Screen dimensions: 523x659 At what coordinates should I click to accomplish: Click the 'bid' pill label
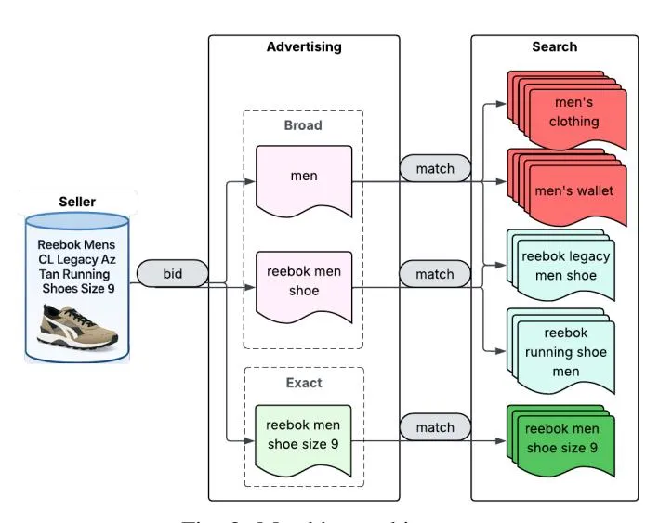point(172,274)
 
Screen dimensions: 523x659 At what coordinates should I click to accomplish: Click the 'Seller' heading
point(77,202)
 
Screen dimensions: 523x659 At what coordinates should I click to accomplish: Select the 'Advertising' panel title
point(304,46)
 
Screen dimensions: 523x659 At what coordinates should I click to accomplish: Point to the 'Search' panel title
point(554,46)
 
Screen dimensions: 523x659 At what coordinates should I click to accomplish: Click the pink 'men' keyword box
point(304,177)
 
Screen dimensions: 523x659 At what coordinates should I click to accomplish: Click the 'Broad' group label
point(304,124)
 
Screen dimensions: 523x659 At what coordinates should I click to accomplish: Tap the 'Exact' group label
point(304,382)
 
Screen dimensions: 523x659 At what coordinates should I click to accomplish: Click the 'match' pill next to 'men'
point(435,169)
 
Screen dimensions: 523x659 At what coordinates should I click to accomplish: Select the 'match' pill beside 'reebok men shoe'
point(435,274)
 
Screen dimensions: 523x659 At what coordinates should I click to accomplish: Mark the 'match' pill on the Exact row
point(435,427)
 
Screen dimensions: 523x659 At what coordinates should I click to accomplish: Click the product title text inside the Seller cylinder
point(77,267)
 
